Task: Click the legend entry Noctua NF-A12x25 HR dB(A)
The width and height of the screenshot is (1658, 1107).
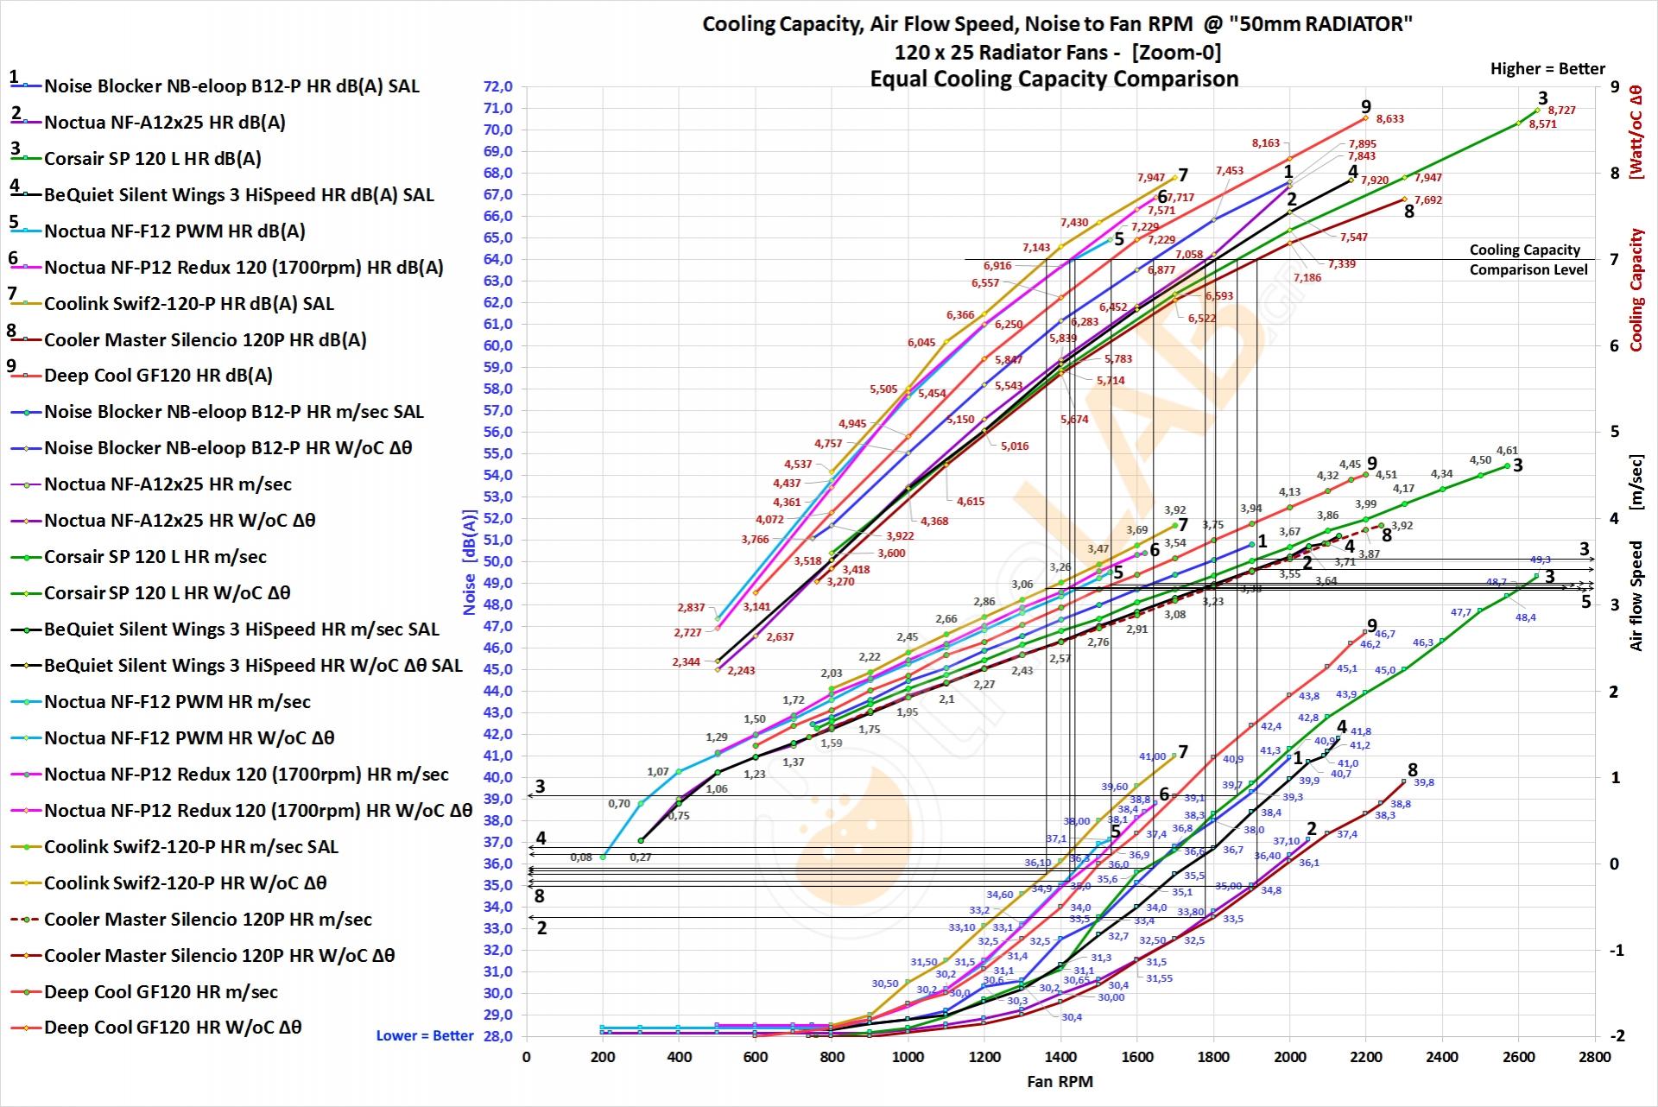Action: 164,123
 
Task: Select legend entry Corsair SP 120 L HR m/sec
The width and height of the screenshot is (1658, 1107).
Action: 155,557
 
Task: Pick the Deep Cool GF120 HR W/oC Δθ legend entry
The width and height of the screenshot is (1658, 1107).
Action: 173,1028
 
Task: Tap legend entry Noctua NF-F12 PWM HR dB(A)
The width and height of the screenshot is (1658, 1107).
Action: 174,231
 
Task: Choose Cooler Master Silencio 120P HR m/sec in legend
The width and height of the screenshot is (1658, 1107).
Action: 207,920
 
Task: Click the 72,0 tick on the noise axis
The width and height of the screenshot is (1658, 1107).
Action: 497,87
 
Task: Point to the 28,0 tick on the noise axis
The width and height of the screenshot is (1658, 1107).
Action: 497,1036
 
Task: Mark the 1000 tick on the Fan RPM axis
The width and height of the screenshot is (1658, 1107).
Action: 908,1057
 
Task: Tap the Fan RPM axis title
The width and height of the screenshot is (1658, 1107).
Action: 1060,1082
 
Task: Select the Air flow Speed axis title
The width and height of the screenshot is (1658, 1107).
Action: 1636,596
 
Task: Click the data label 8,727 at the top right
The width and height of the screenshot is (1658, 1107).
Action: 1561,111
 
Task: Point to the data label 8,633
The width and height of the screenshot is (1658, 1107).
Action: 1389,119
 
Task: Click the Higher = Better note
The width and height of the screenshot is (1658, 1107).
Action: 1547,69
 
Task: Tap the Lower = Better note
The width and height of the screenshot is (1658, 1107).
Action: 425,1035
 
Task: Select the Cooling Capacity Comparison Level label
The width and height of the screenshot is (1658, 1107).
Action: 1528,260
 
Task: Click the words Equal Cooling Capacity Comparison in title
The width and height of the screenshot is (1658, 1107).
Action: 1054,79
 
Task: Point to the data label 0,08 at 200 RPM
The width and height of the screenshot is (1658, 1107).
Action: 581,857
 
